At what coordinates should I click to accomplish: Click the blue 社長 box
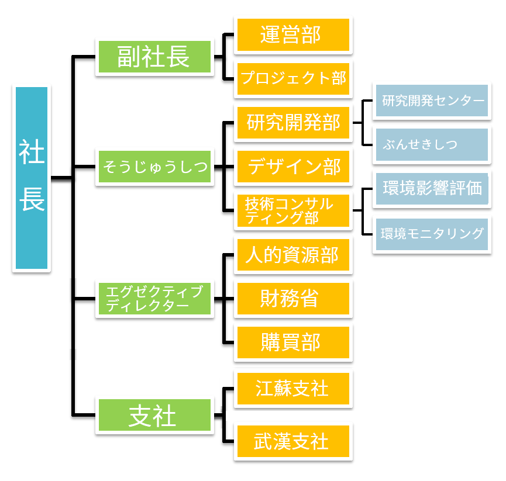coord(32,178)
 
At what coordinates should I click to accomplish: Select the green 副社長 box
coord(154,57)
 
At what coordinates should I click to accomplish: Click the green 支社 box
coord(154,416)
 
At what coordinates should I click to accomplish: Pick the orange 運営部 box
coord(292,34)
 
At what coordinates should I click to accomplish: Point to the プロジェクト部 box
coord(292,78)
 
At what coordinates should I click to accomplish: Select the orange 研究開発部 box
coord(292,123)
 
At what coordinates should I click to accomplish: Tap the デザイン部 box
coord(292,167)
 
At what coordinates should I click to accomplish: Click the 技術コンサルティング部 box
coord(292,211)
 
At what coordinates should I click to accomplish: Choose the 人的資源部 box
coord(292,255)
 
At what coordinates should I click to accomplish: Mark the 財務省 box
coord(292,299)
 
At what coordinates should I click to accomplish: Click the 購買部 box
coord(292,343)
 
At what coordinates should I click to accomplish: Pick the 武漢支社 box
coord(292,441)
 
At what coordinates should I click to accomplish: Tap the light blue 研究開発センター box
coord(432,101)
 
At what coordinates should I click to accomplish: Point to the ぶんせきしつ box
coord(432,145)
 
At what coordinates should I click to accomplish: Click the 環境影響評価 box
coord(432,189)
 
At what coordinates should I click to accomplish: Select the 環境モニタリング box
coord(432,234)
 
